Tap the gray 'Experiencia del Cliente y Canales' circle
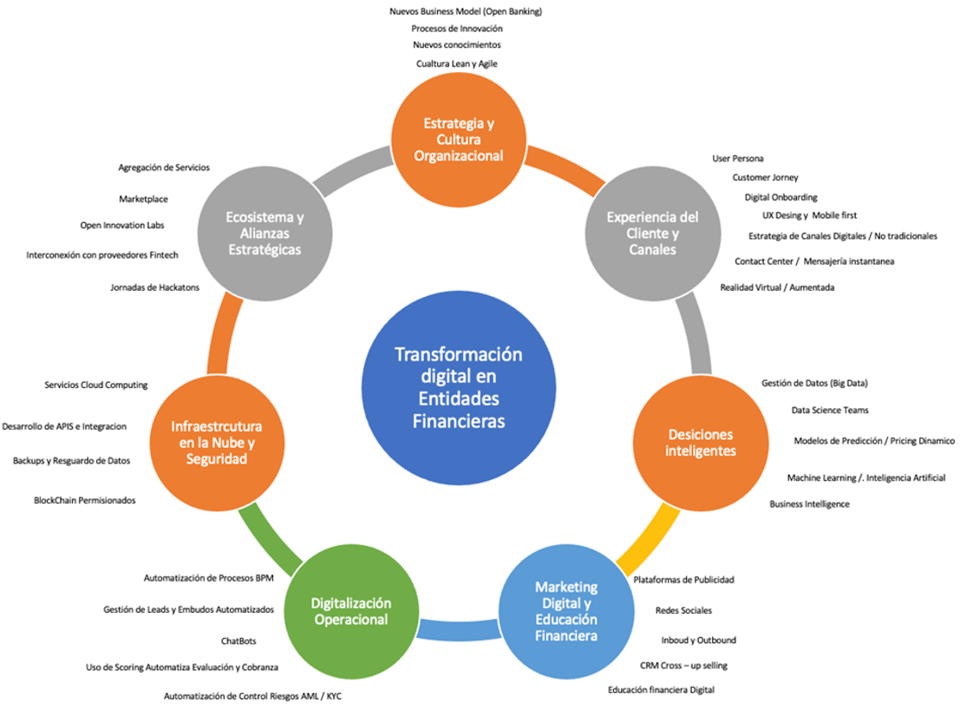point(652,233)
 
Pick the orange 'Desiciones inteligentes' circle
point(701,443)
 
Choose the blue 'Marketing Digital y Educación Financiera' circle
point(565,610)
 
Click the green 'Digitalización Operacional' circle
point(351,611)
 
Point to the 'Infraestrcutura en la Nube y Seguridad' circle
point(217,444)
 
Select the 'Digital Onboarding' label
point(780,197)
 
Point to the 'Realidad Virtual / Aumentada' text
point(777,287)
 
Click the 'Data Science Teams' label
point(829,410)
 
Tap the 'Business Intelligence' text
point(809,504)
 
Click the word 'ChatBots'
point(238,641)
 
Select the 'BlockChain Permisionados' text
point(85,500)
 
